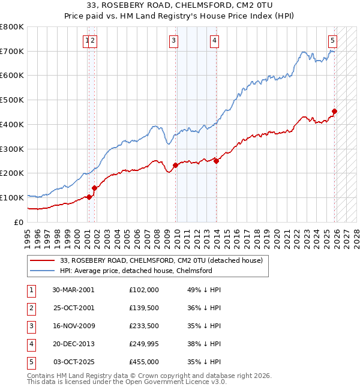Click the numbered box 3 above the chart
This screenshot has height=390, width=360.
pos(173,41)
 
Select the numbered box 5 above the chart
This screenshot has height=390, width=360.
pos(332,41)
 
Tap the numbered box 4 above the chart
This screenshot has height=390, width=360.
pos(214,41)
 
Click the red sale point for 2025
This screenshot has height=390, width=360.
pos(334,111)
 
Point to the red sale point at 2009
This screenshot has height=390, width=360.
pos(175,165)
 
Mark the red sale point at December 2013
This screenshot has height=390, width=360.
pos(216,161)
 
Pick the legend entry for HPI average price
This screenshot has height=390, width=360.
pos(136,271)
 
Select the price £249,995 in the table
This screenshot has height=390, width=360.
pos(144,344)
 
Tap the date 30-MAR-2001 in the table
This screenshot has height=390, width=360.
pos(74,290)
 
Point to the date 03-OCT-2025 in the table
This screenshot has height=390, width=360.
pos(74,362)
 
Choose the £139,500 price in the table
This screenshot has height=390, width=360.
pos(144,308)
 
